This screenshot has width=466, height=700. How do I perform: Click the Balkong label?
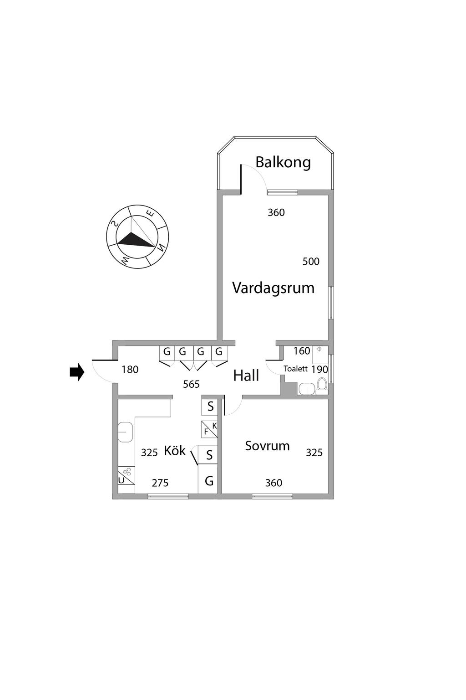point(283,162)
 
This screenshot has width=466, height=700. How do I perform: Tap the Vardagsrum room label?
point(273,288)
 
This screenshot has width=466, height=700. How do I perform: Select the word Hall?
point(246,376)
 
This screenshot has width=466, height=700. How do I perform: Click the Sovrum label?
point(267,446)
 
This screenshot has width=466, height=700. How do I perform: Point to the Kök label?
point(175,451)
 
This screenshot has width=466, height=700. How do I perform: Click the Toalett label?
point(295,369)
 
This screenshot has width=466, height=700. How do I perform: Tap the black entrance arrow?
point(77,372)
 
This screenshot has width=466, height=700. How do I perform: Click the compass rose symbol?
point(137,237)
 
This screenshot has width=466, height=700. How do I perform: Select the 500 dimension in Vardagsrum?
point(311,262)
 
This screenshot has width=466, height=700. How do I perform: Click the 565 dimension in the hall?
point(191,384)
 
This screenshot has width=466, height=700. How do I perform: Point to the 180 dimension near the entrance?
point(130,370)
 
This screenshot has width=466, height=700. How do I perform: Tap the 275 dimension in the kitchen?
point(160,483)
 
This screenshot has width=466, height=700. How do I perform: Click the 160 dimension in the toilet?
point(301,351)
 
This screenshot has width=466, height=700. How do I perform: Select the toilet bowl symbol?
point(322,384)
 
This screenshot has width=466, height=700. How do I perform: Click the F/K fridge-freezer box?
point(209,429)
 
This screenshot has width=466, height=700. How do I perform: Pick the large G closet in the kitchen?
point(209,481)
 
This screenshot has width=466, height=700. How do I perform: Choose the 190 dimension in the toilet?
point(319,369)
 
